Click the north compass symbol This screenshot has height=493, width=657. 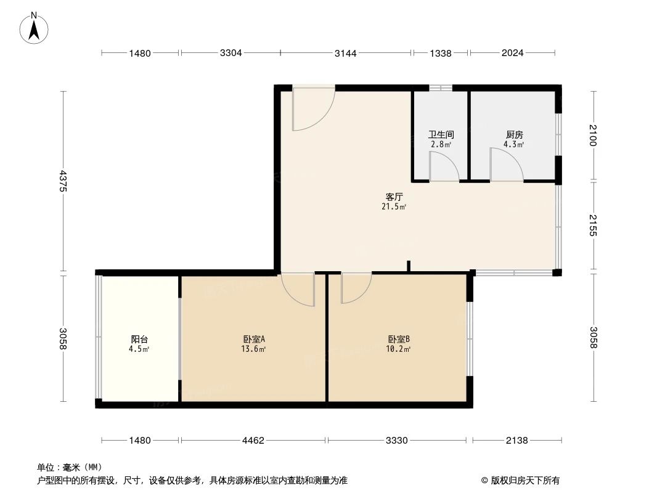(x=35, y=28)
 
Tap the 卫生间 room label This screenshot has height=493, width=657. (x=441, y=134)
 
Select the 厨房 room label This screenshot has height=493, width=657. (x=514, y=134)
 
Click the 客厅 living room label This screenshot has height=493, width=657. (x=394, y=197)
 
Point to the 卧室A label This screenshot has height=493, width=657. (x=253, y=339)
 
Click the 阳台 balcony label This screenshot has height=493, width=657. (x=139, y=339)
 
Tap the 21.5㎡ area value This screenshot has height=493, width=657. (x=394, y=207)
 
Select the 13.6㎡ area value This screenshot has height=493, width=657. (x=253, y=349)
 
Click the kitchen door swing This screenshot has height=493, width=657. (x=505, y=166)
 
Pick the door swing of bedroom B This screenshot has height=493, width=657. (x=355, y=287)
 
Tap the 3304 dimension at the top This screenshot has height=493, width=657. (x=231, y=53)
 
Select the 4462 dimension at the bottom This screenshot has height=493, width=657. (x=253, y=440)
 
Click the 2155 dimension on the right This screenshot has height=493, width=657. (x=594, y=226)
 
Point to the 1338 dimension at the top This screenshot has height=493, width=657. (x=441, y=53)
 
